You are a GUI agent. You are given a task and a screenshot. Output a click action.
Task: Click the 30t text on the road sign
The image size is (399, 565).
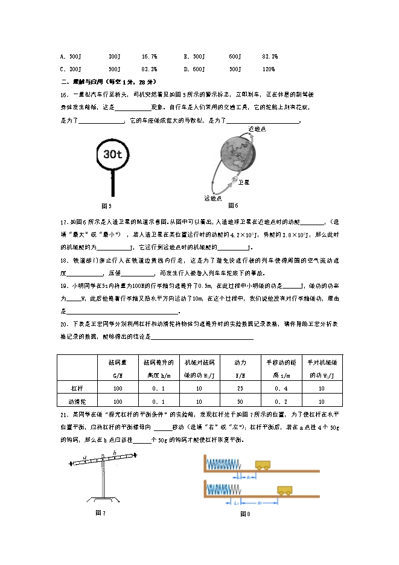pyautogui.click(x=112, y=155)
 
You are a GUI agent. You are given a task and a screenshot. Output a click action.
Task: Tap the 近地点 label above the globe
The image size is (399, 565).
pyautogui.click(x=257, y=129)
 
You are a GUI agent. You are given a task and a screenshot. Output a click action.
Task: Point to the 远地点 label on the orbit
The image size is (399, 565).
pyautogui.click(x=212, y=198)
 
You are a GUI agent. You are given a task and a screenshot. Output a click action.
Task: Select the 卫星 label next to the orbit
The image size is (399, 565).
pyautogui.click(x=244, y=181)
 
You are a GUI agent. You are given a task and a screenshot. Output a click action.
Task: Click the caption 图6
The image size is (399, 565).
pyautogui.click(x=232, y=205)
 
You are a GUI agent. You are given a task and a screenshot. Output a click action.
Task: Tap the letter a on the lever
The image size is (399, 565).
pyautogui.click(x=86, y=458)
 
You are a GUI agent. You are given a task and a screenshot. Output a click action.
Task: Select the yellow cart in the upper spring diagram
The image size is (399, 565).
pyautogui.click(x=263, y=465)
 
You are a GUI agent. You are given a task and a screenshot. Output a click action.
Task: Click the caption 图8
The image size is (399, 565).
pyautogui.click(x=244, y=514)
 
